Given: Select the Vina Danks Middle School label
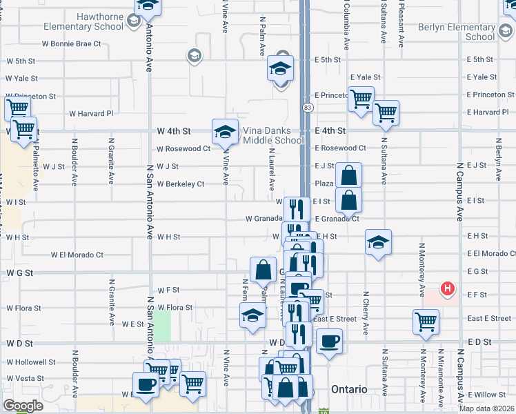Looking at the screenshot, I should [x=273, y=135].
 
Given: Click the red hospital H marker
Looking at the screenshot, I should [x=448, y=288].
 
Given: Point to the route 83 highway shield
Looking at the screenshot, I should [x=308, y=108].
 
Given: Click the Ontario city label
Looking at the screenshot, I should [x=349, y=389].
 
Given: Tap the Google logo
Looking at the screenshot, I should [x=23, y=406].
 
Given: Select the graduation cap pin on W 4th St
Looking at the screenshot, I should [x=226, y=131].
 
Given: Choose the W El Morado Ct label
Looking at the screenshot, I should [x=77, y=255].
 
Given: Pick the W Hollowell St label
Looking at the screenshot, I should [x=31, y=362].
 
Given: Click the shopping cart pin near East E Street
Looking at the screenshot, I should [x=426, y=321].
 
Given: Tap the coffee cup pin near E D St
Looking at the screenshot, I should [x=329, y=340].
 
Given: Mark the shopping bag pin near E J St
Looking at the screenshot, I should [x=350, y=175].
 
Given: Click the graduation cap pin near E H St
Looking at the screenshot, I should [x=378, y=242].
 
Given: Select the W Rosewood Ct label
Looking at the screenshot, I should [x=183, y=148].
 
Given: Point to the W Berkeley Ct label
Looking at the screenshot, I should [x=181, y=184].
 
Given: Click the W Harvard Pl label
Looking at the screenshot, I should [x=90, y=113].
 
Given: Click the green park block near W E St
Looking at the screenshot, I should [x=162, y=326].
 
